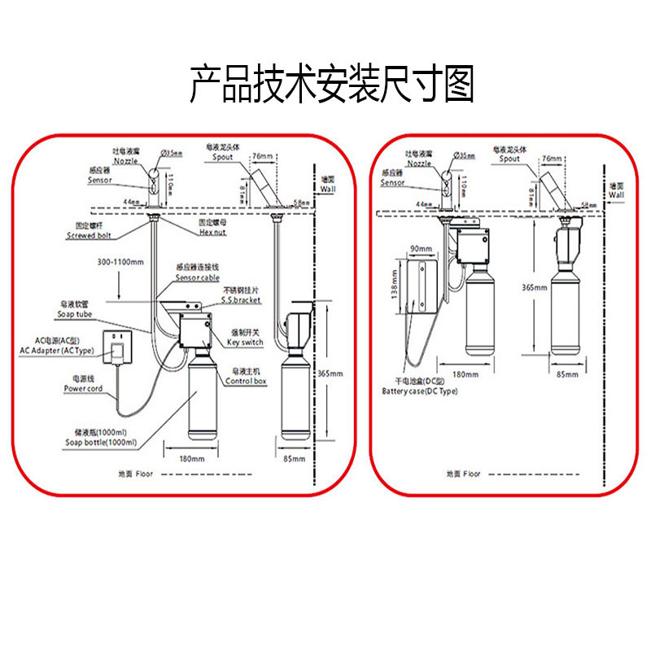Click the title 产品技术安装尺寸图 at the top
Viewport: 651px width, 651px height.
pos(331,85)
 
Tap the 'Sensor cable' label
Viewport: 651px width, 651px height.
pos(197,278)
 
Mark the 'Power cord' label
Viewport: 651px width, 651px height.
pos(82,388)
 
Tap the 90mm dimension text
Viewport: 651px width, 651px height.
pos(421,248)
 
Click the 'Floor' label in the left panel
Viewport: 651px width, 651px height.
pos(143,472)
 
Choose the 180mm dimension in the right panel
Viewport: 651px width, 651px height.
pos(465,374)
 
